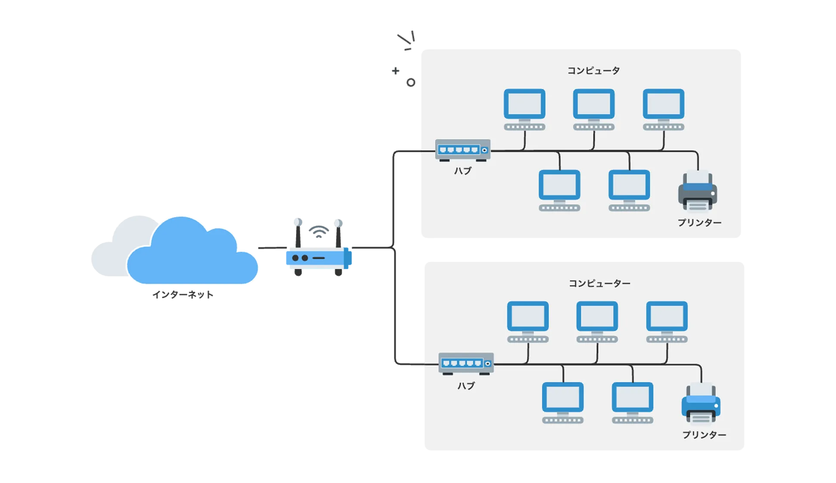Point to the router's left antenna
297,233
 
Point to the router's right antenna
338,233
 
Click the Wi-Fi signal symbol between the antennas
318,231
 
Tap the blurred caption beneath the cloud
183,295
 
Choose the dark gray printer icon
698,192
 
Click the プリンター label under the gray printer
699,223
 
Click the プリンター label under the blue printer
704,435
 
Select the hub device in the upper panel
463,150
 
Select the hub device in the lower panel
466,364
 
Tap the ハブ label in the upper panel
463,171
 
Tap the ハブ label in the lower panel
466,386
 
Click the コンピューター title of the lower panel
599,283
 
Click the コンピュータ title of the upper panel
593,70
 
